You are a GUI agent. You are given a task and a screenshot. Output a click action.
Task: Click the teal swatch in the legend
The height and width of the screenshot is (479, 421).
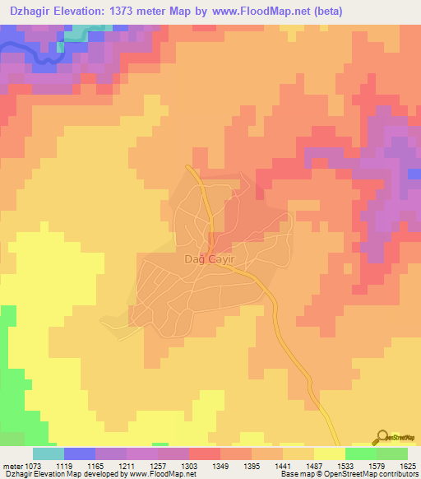(49, 453)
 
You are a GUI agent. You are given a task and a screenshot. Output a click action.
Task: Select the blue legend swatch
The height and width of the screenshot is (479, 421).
(80, 453)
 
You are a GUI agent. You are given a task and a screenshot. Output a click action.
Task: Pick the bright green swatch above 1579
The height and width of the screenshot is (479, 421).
(361, 453)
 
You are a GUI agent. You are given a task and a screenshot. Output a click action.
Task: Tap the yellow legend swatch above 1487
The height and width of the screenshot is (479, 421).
(329, 453)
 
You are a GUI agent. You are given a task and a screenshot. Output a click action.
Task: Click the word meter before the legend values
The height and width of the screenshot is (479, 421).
(11, 465)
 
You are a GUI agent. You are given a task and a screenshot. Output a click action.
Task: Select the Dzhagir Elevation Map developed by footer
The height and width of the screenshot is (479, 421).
(66, 474)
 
